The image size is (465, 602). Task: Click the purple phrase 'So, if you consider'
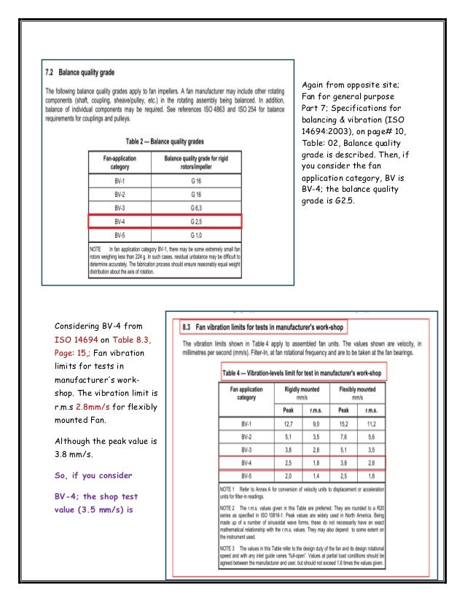(x=94, y=475)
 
